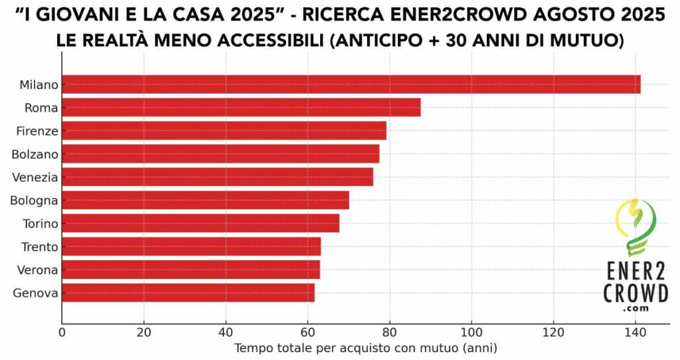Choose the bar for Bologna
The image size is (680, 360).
pos(205,200)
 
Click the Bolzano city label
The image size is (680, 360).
pos(35,154)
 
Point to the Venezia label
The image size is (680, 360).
pos(35,177)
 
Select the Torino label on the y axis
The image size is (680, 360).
pos(39,224)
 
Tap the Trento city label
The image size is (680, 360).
pos(39,247)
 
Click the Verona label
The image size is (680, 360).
pos(38,270)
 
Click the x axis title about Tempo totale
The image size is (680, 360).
pos(366,347)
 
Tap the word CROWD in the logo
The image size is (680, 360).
pos(636,293)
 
